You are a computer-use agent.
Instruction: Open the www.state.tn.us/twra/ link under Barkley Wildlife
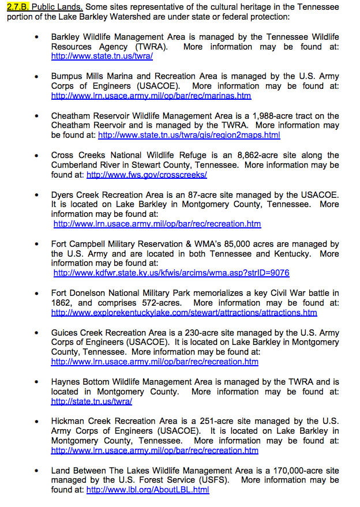[102, 57]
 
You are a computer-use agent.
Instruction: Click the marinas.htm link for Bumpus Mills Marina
[151, 96]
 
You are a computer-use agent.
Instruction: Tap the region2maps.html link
[189, 135]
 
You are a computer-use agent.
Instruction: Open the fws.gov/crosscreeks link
[147, 174]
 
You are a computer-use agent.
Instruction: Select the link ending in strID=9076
[171, 273]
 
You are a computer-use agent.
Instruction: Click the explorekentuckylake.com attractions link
[184, 313]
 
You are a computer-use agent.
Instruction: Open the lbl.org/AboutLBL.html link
[148, 490]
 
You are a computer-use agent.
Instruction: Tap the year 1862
[62, 303]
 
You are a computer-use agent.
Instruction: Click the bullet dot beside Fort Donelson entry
[37, 294]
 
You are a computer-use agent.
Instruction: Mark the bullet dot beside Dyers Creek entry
[37, 195]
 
